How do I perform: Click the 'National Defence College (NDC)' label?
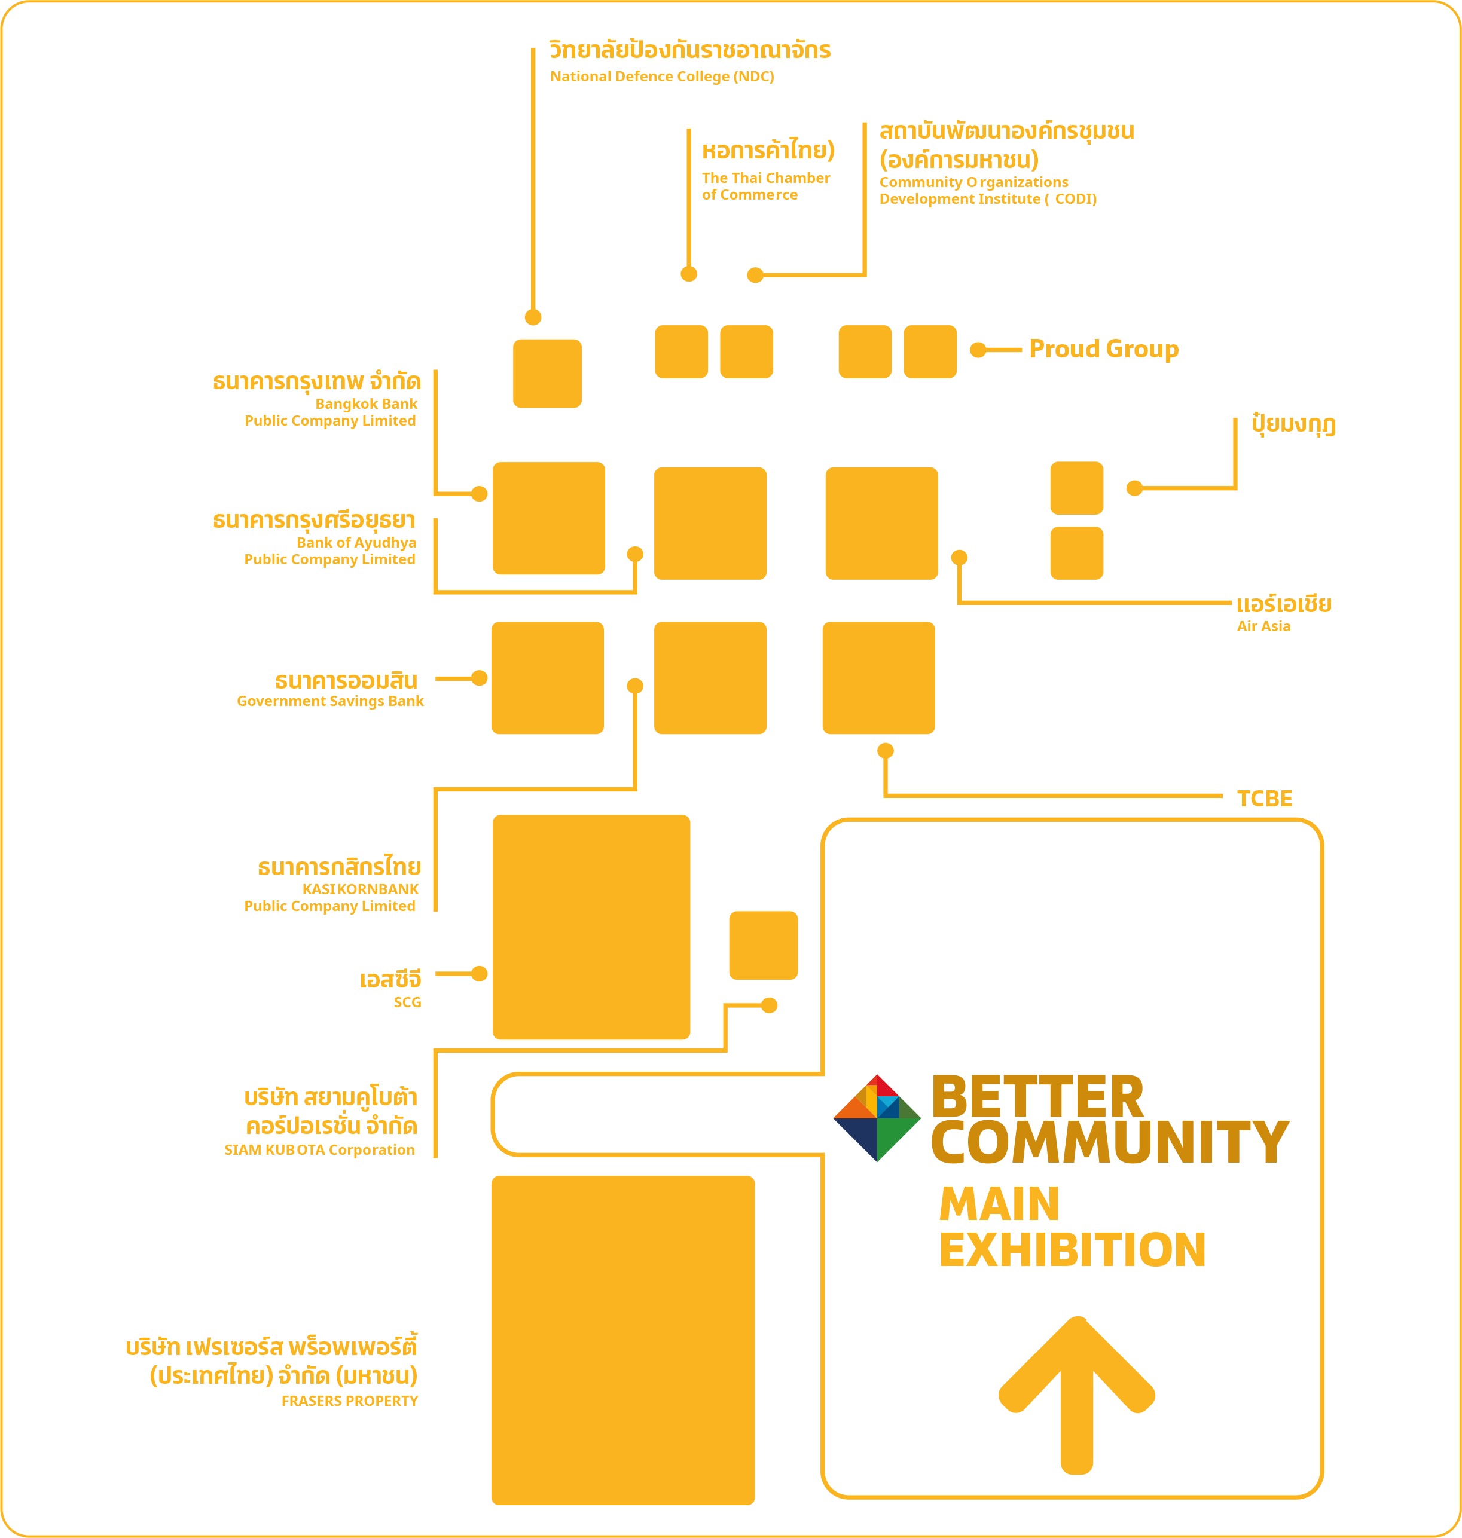[x=662, y=77]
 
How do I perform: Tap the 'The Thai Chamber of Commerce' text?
[x=766, y=186]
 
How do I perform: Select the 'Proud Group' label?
[x=1103, y=349]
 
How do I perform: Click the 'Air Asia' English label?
[x=1263, y=626]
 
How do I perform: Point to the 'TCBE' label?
[x=1264, y=799]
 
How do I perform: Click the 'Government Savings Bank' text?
[x=331, y=701]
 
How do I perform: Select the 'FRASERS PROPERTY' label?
[x=350, y=1401]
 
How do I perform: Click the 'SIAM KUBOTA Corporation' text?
[x=319, y=1150]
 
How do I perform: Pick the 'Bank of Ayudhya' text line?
[x=356, y=543]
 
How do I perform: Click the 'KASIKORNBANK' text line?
[x=360, y=889]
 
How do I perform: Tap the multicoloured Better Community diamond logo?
[x=877, y=1118]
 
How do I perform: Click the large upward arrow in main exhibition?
[x=1077, y=1395]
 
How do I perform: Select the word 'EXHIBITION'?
[x=1072, y=1250]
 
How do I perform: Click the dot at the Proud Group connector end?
[x=978, y=350]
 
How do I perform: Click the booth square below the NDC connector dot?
[x=547, y=373]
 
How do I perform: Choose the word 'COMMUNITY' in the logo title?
[x=1110, y=1142]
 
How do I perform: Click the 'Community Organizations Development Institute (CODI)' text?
[x=988, y=191]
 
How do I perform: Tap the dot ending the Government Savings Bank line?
[x=480, y=678]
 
